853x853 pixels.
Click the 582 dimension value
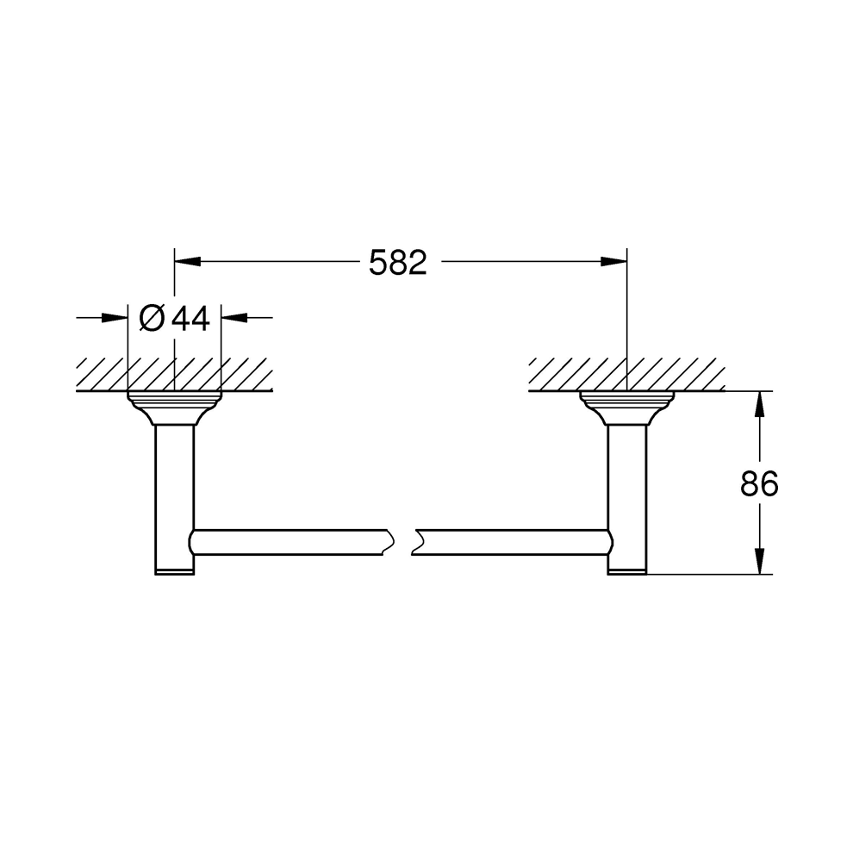click(x=398, y=263)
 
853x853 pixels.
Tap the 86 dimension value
click(x=759, y=483)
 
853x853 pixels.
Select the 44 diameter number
click(x=190, y=319)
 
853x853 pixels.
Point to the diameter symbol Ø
click(x=152, y=319)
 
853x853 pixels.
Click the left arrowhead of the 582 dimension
click(x=187, y=262)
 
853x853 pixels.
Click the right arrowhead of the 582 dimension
click(x=613, y=262)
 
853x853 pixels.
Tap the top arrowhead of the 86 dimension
click(x=760, y=405)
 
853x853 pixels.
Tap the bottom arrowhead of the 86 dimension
click(x=760, y=561)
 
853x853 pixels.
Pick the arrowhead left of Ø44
click(x=115, y=318)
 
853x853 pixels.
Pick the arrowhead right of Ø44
click(x=234, y=318)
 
